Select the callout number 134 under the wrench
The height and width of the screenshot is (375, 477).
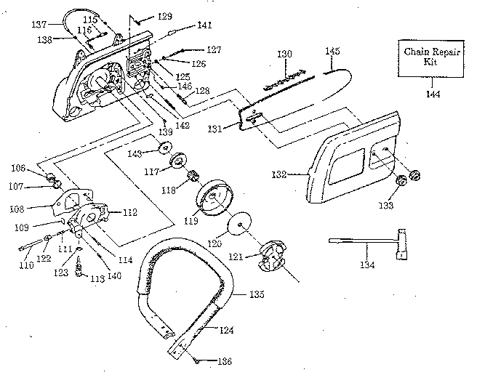(x=368, y=265)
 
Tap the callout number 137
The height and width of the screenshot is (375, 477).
(x=39, y=24)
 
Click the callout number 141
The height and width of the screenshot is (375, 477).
(x=204, y=25)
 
